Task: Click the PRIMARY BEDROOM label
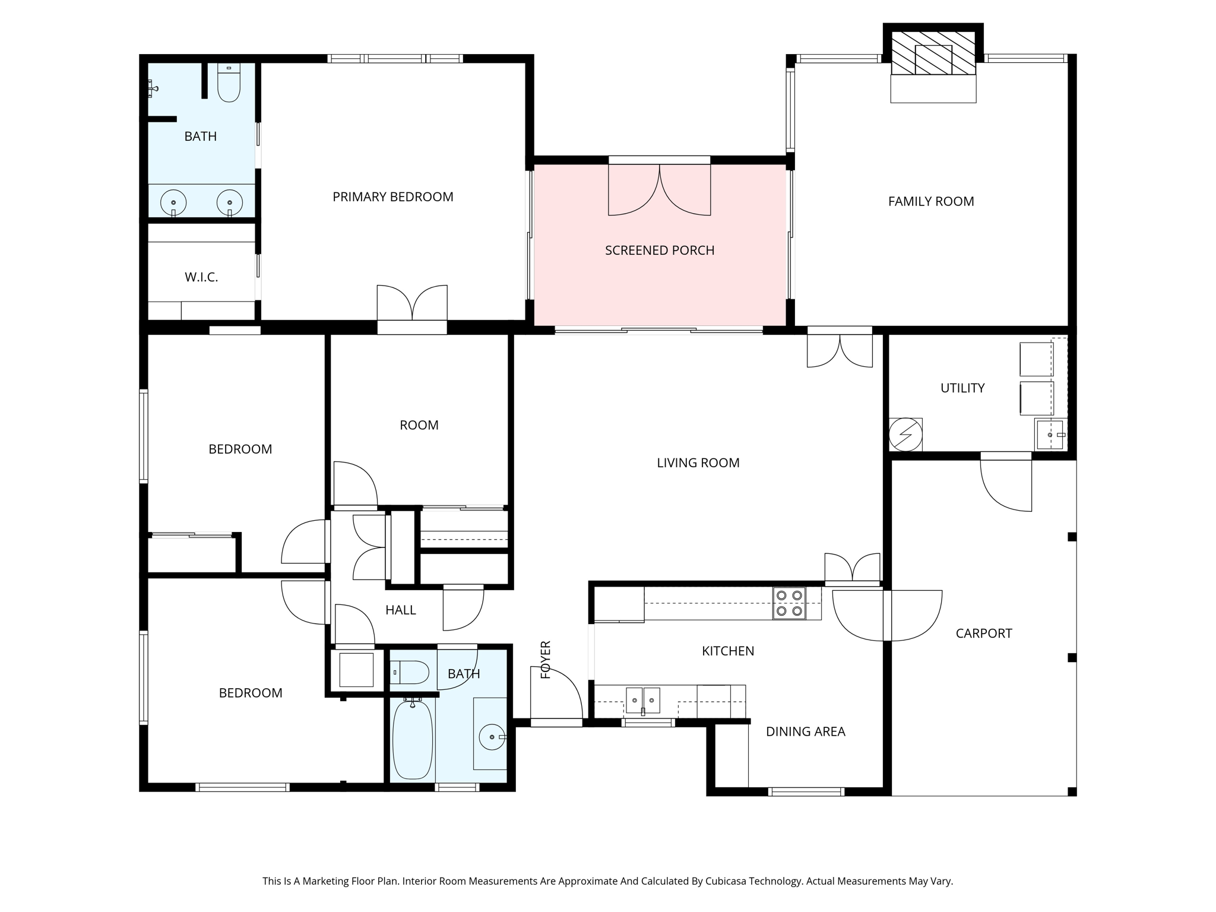coord(392,197)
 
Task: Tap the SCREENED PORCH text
coord(660,251)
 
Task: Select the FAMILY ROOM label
coord(931,202)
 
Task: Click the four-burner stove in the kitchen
coord(789,603)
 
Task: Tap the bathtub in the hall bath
coord(413,740)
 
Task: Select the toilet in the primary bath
coord(229,83)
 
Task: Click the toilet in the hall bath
coord(410,673)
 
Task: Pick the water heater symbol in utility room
coord(905,435)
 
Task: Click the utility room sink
coord(1050,435)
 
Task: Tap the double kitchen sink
coord(643,701)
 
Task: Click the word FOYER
coord(546,660)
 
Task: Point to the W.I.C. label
coord(201,277)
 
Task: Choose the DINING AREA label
coord(805,732)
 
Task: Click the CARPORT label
coord(984,634)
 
